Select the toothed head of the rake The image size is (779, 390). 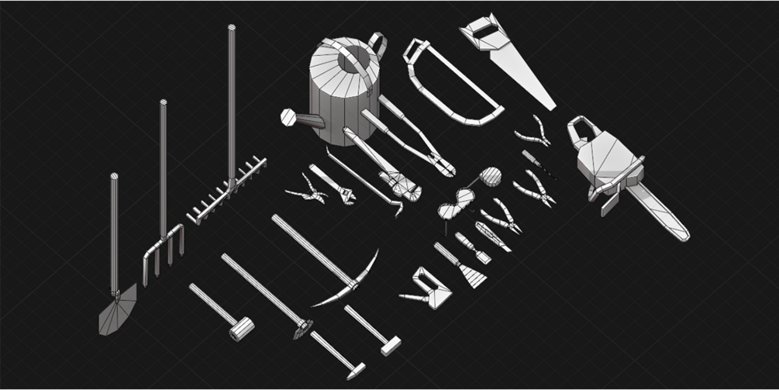point(226,192)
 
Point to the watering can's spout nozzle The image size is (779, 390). point(288,117)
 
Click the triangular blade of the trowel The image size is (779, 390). point(439,294)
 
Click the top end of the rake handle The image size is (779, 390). point(231,29)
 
